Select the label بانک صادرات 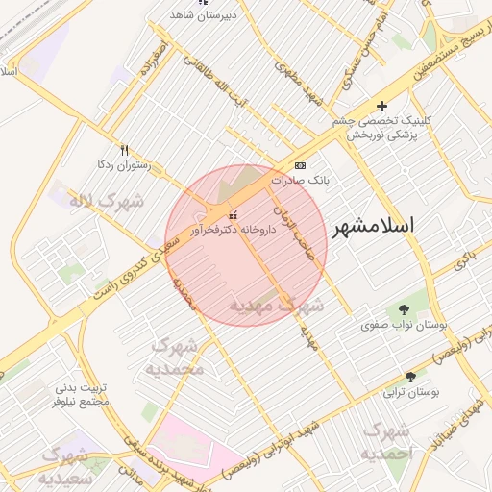(301, 180)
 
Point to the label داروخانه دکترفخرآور (234, 230)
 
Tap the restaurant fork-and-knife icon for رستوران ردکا (123, 150)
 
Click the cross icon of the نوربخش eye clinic (382, 106)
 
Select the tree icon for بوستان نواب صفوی (403, 309)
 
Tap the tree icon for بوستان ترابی (411, 377)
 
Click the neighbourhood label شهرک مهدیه (276, 305)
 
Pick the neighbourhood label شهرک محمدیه (177, 357)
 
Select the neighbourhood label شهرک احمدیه (387, 441)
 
